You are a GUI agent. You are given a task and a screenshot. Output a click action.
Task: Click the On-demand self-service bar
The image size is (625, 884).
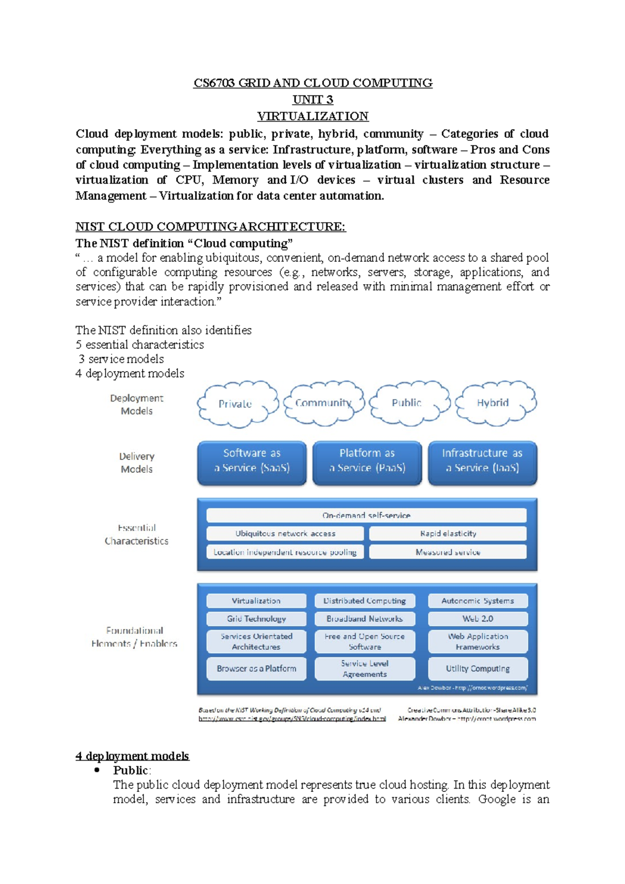tap(366, 515)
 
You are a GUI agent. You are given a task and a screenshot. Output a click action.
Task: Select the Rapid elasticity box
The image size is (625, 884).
tap(448, 534)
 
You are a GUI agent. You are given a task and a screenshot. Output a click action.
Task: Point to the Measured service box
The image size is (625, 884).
tap(448, 552)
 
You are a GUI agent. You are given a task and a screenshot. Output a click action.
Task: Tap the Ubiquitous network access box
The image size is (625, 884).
tap(285, 534)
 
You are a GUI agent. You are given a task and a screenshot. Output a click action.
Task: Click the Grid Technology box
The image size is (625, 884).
tap(256, 618)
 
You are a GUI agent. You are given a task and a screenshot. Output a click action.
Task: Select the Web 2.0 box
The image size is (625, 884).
tap(478, 618)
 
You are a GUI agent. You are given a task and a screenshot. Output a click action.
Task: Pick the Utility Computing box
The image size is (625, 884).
tap(478, 668)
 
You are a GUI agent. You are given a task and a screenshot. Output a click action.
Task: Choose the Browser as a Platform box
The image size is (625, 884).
tap(256, 668)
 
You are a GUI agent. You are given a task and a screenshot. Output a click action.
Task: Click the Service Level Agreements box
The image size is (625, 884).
tap(365, 669)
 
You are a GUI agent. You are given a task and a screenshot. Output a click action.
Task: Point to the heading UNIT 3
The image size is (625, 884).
tap(312, 99)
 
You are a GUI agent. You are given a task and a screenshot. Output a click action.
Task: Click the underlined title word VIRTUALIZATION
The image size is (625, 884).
tap(312, 116)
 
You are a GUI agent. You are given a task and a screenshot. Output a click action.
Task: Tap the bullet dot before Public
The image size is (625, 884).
tap(97, 770)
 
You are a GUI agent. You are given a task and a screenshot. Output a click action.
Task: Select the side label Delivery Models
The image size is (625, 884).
tap(136, 462)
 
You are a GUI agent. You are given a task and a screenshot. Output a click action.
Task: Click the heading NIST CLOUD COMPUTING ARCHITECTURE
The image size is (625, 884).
tap(210, 226)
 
